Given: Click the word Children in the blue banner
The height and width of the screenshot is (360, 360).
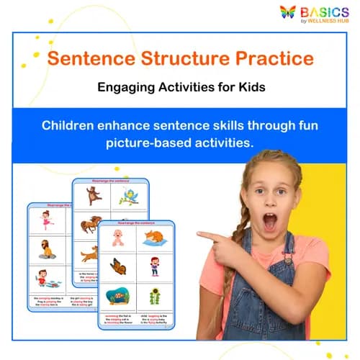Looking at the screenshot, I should pos(72,125).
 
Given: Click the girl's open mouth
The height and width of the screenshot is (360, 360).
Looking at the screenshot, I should pos(269,222).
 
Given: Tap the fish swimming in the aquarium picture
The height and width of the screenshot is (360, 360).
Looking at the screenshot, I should pos(117,295).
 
